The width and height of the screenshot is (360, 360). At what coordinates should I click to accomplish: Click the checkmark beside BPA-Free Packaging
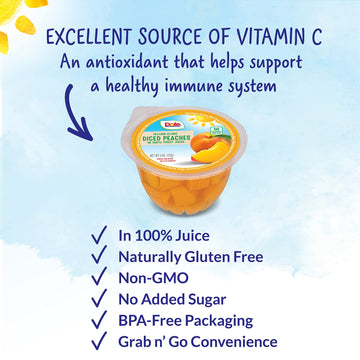(98, 320)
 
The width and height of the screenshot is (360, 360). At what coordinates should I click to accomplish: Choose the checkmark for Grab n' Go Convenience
(98, 341)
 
